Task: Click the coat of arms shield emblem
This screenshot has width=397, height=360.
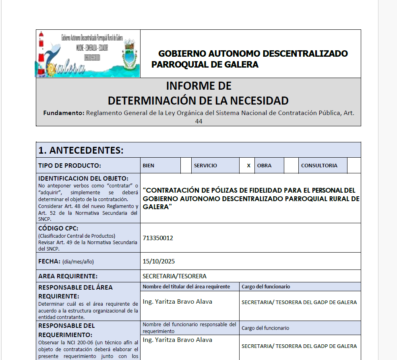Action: (129, 56)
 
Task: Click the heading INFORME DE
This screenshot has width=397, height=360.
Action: (198, 86)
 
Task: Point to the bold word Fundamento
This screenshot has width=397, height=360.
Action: (64, 113)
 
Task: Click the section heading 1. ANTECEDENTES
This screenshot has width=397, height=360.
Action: (81, 150)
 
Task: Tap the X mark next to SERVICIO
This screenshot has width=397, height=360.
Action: (248, 165)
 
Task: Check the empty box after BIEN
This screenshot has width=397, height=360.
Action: (186, 165)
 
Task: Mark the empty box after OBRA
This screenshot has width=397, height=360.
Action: (291, 165)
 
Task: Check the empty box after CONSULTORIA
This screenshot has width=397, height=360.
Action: (354, 165)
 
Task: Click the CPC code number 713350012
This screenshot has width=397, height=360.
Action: (158, 238)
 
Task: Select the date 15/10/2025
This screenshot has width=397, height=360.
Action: (159, 261)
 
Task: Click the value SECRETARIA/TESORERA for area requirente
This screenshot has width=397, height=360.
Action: (174, 276)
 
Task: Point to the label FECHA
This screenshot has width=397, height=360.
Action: (50, 261)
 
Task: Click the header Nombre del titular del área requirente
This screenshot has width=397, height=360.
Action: (186, 287)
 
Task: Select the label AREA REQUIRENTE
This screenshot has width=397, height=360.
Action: (68, 276)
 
